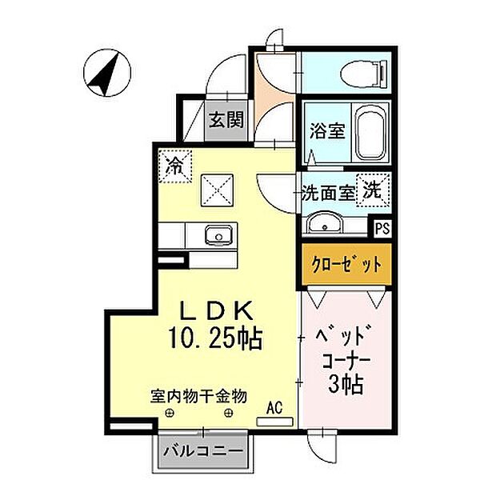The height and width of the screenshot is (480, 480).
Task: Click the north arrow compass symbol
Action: click(x=107, y=74)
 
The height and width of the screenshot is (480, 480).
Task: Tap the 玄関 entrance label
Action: click(x=226, y=120)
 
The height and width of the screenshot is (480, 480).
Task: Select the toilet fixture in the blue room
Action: click(x=364, y=74)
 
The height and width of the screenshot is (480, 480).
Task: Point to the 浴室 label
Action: click(x=327, y=130)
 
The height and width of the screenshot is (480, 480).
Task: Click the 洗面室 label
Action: click(x=328, y=193)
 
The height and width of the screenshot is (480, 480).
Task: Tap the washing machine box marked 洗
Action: click(x=373, y=190)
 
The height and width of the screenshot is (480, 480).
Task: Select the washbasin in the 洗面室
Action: click(x=325, y=222)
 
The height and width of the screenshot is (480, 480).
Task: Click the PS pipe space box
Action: click(x=382, y=228)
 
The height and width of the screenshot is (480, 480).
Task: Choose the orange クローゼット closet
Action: click(x=346, y=265)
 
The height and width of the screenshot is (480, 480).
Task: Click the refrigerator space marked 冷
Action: click(x=175, y=166)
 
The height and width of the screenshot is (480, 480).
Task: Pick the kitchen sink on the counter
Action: click(x=218, y=235)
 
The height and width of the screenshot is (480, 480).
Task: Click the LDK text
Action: click(x=217, y=310)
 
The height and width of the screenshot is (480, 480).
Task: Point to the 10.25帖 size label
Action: click(x=215, y=338)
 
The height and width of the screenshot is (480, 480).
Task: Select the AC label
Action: click(x=274, y=408)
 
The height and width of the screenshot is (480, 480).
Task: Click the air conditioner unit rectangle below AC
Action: click(x=275, y=422)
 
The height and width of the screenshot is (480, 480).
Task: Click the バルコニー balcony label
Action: click(x=203, y=450)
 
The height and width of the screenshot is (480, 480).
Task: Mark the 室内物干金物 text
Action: click(x=198, y=397)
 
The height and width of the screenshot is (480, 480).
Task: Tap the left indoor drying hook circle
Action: click(x=169, y=414)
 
